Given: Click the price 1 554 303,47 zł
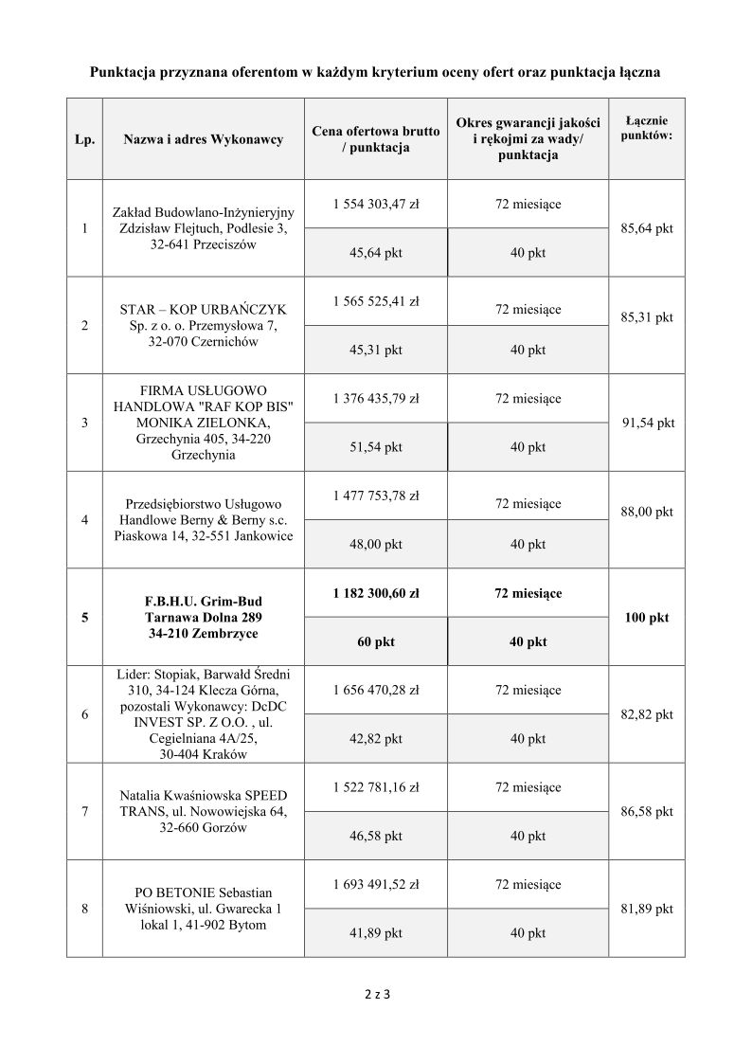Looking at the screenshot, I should [376, 205].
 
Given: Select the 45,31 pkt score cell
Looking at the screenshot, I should [376, 350].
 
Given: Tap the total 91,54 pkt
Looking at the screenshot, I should [648, 423].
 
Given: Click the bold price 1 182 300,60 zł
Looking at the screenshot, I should [376, 593].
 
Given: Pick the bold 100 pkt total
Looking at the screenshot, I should [647, 617].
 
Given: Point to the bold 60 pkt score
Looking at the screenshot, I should [376, 641].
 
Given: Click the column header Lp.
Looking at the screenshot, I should [85, 139].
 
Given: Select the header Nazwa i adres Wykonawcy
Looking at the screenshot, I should [204, 139].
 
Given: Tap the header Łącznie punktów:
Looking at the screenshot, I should [647, 128].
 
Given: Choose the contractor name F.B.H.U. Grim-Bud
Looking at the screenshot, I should [204, 601].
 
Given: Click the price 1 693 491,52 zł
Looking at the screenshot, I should [376, 885].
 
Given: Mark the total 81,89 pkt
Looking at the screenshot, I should [647, 909].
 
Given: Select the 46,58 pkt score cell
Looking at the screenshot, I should [376, 836].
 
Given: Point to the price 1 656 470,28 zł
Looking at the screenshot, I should [376, 690].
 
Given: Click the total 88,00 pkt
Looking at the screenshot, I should [647, 512].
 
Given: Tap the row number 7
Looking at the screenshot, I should [85, 811].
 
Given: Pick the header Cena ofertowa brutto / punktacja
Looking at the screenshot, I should [376, 139].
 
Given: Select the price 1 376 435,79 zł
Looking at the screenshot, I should [376, 399].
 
